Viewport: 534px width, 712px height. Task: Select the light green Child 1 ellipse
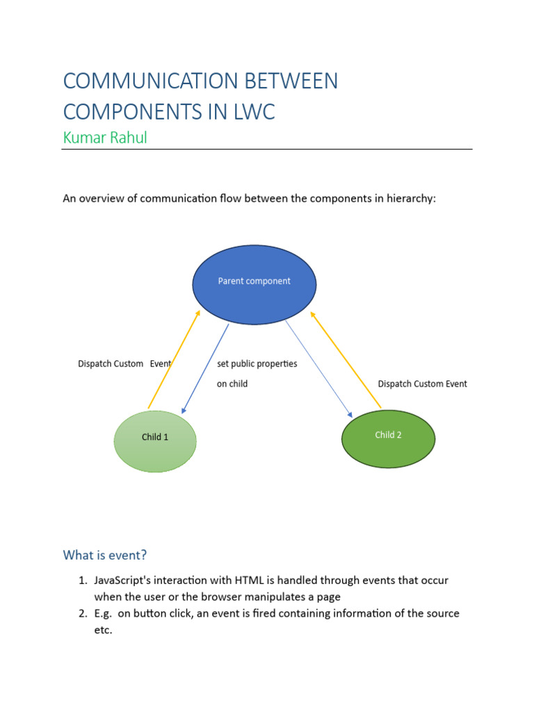tap(155, 441)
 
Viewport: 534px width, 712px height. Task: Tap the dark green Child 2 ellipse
tap(388, 438)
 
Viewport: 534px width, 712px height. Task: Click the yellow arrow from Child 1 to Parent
tap(174, 359)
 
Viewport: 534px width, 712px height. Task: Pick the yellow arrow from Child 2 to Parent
tap(346, 359)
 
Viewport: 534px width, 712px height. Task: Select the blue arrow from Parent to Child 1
tap(204, 369)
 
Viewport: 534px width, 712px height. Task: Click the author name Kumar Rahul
tap(104, 138)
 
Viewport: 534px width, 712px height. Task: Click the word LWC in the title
tap(252, 111)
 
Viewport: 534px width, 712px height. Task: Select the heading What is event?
tap(105, 555)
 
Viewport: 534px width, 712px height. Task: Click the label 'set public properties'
tap(257, 364)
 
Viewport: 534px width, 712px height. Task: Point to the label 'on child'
tap(232, 384)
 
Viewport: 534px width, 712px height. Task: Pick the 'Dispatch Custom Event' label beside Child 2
tap(422, 384)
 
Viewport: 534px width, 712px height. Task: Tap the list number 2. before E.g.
tap(82, 614)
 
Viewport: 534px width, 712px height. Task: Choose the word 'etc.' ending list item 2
tap(104, 631)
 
